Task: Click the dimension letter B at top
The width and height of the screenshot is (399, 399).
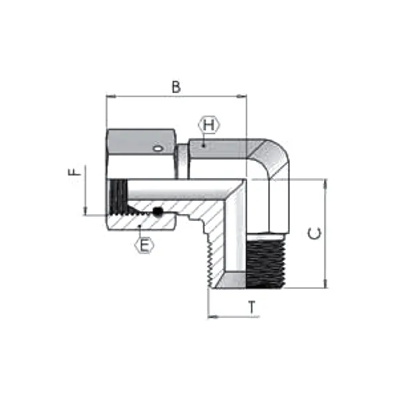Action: [x=176, y=86]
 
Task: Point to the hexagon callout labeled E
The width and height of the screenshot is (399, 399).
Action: [x=145, y=245]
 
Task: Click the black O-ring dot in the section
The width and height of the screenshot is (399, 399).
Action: [x=158, y=211]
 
